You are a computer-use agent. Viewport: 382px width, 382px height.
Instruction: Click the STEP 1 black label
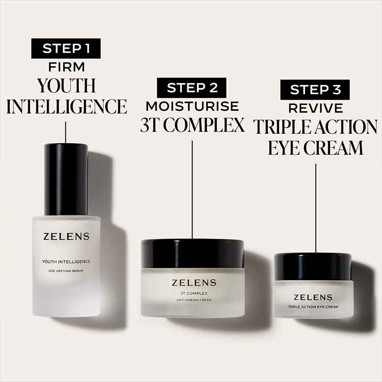point(65,49)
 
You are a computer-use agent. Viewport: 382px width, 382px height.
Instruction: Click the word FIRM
point(66,67)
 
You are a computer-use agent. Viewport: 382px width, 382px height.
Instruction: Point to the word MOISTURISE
point(192,106)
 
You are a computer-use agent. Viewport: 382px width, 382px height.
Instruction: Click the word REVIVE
point(315,108)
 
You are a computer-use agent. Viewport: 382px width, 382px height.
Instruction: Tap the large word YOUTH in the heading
point(66,86)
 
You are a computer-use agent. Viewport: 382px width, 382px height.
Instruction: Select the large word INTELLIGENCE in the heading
point(66,106)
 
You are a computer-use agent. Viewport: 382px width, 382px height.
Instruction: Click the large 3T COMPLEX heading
point(192,125)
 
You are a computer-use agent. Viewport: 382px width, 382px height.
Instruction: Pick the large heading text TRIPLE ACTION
point(315,127)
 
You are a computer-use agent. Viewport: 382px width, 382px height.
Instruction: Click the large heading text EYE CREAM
point(315,148)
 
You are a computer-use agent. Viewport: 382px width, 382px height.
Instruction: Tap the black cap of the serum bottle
point(66,179)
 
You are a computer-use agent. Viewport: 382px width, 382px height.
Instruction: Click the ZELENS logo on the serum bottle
point(66,237)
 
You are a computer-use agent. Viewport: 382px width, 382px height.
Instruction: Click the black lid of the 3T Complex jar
point(192,253)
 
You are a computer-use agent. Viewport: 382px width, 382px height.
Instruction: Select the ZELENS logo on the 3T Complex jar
point(192,283)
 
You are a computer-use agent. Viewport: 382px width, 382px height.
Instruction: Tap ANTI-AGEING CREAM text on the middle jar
point(192,300)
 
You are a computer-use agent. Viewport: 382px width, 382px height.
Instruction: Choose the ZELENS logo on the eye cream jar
point(313,297)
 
